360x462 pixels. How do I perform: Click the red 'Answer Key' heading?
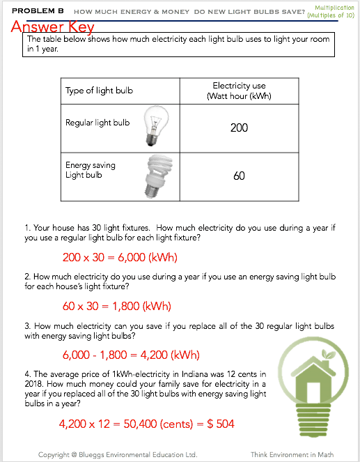(52, 27)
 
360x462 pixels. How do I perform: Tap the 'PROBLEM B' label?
(38, 11)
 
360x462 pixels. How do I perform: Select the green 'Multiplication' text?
(334, 8)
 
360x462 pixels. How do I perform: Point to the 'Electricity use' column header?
(239, 86)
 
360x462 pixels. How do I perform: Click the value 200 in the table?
(239, 128)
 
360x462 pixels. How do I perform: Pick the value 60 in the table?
(239, 176)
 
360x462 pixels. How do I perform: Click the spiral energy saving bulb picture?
(159, 176)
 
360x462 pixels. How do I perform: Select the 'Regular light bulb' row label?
(97, 123)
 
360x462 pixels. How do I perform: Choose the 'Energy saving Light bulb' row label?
(91, 170)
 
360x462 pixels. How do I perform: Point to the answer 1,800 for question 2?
(126, 306)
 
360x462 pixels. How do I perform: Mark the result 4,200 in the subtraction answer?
(155, 355)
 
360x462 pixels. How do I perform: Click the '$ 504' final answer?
(221, 424)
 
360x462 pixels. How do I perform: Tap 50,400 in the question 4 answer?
(140, 424)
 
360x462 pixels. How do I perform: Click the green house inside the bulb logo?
(313, 378)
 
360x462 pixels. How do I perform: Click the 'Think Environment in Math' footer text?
(292, 454)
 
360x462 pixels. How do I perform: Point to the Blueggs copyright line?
(118, 454)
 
